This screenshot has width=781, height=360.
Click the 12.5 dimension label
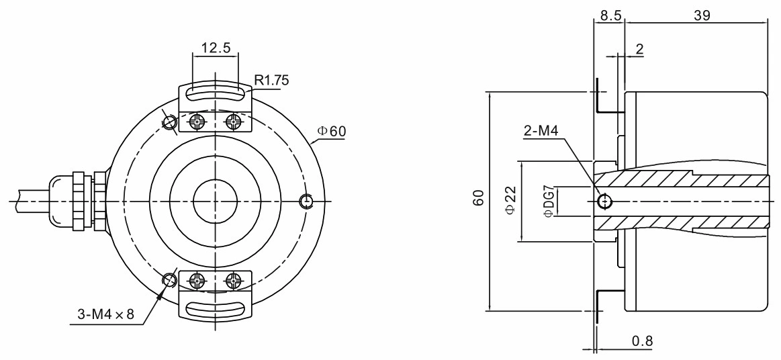point(215,48)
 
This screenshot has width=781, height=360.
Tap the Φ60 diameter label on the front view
point(332,130)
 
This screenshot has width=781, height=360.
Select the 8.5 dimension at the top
point(609,15)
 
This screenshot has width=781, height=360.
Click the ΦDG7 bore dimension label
point(548,201)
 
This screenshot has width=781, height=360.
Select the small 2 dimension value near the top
point(639,49)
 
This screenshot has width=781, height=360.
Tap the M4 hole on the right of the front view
point(307,201)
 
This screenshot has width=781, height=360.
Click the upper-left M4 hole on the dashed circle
point(169,122)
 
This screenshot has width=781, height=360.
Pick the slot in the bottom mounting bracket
point(215,308)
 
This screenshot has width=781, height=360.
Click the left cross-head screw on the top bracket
point(197,122)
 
